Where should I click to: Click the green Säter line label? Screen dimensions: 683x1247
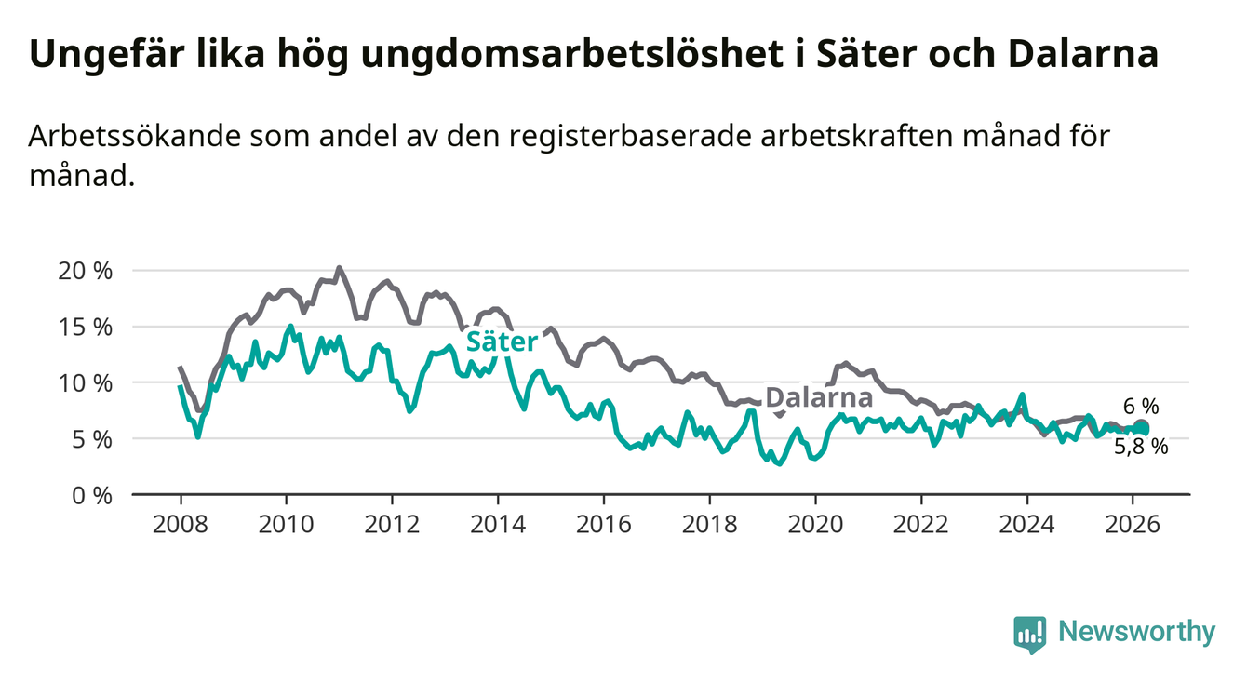pyautogui.click(x=502, y=341)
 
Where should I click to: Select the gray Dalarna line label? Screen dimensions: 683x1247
pyautogui.click(x=819, y=398)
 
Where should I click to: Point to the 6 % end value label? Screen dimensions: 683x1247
pyautogui.click(x=1140, y=406)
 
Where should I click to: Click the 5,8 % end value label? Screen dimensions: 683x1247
pyautogui.click(x=1140, y=446)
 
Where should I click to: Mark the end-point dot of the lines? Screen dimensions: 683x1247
pyautogui.click(x=1142, y=428)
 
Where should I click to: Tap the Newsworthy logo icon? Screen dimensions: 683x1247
pyautogui.click(x=1029, y=633)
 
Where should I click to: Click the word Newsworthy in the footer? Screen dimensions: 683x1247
pyautogui.click(x=1137, y=633)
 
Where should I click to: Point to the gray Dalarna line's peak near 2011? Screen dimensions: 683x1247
pyautogui.click(x=339, y=268)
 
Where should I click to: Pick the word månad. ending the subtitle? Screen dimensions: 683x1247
pyautogui.click(x=82, y=175)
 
